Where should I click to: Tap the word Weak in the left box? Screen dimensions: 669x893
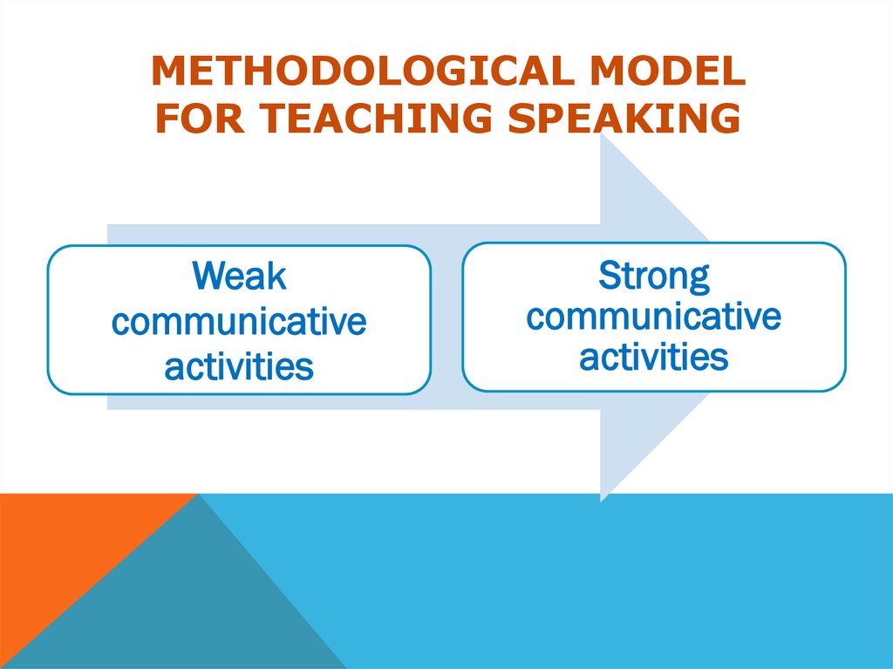point(239,276)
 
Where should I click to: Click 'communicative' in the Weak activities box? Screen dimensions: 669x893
point(239,322)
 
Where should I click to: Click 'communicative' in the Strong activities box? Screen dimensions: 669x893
point(654,316)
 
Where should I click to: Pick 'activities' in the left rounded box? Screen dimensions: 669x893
point(239,366)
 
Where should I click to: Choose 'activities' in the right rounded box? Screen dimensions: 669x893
point(654,357)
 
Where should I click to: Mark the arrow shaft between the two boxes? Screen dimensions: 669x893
point(446,318)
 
